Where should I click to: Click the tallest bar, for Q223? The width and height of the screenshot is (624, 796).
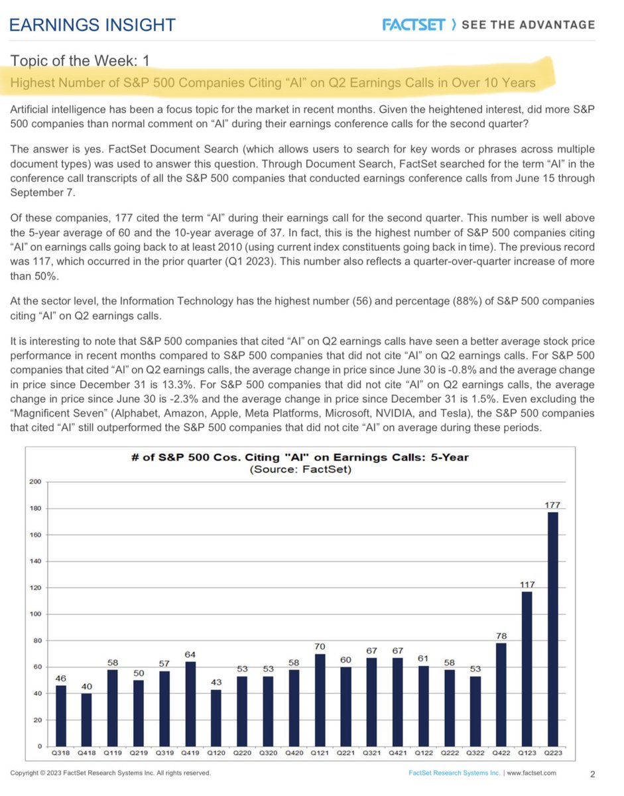553,630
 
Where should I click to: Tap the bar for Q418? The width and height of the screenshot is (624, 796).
87,721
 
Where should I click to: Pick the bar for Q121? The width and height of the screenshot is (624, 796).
320,701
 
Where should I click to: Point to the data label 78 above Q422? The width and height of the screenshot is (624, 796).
502,636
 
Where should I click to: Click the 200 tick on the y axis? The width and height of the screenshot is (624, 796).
34,482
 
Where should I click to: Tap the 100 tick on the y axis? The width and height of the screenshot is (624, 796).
34,614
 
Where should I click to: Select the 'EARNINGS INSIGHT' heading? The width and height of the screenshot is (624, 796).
94,25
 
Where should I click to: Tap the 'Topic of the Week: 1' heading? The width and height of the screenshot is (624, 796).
80,62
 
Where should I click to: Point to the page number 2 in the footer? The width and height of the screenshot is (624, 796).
592,773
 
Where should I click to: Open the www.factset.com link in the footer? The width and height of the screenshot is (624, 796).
533,773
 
